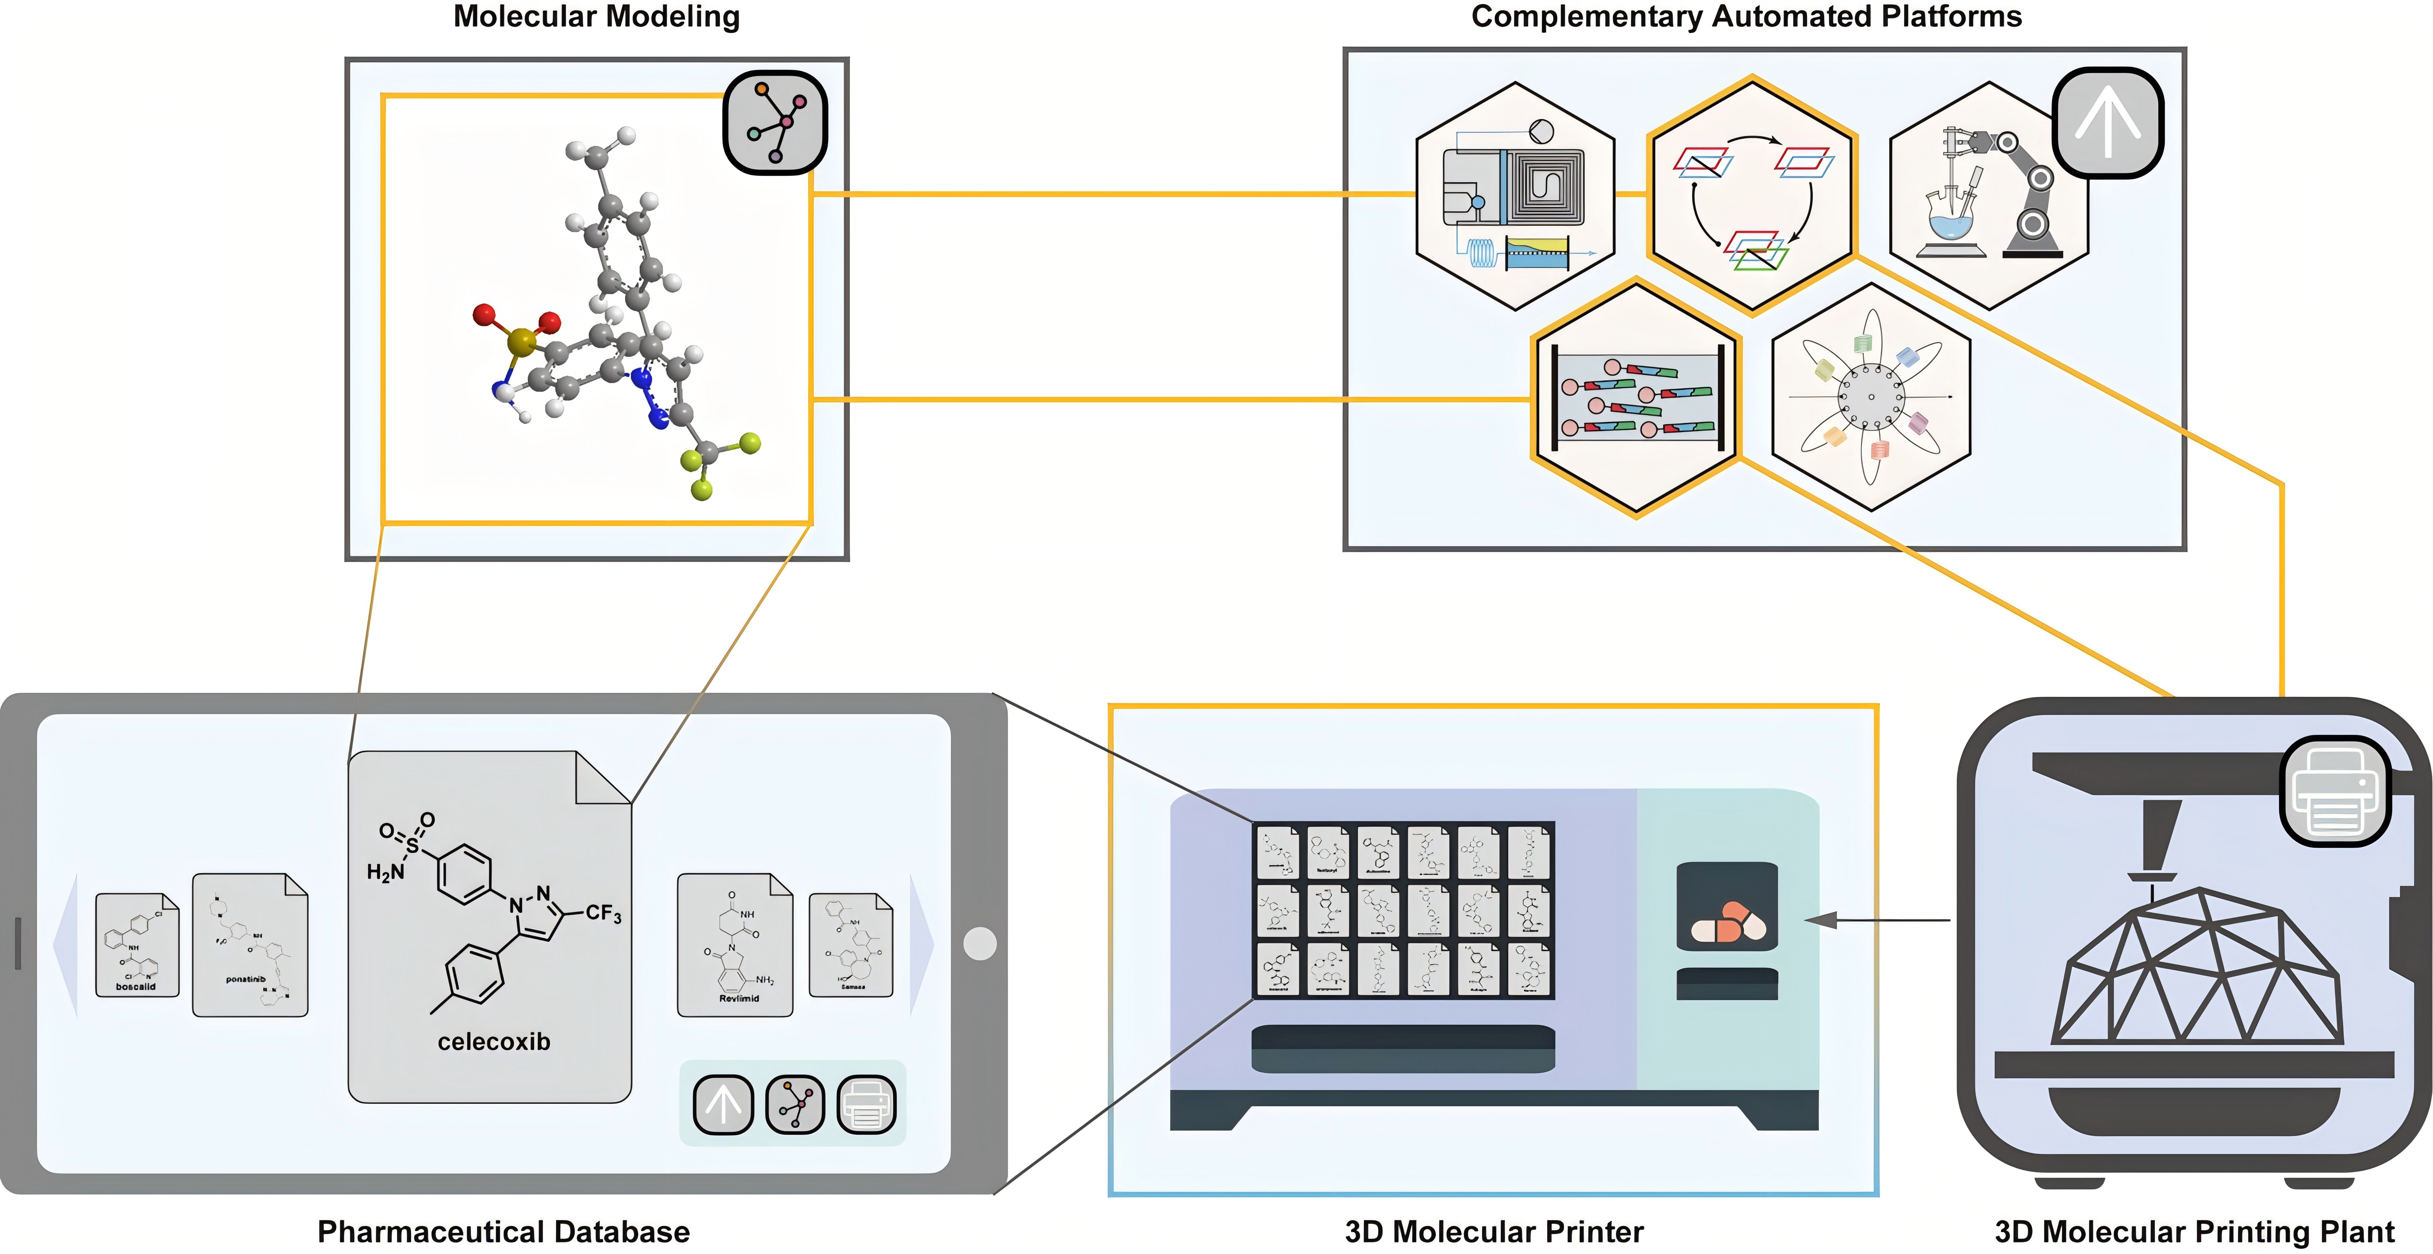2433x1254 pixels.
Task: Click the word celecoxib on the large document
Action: pyautogui.click(x=493, y=1042)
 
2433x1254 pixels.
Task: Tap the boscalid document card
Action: pyautogui.click(x=137, y=944)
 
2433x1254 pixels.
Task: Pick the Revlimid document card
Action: pyautogui.click(x=735, y=944)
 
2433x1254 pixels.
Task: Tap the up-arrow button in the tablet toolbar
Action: pyautogui.click(x=723, y=1104)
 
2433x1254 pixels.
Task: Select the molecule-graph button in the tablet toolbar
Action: pyautogui.click(x=794, y=1104)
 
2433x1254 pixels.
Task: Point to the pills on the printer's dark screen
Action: pyautogui.click(x=1727, y=923)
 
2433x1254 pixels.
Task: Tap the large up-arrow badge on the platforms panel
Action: pyautogui.click(x=2107, y=123)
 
